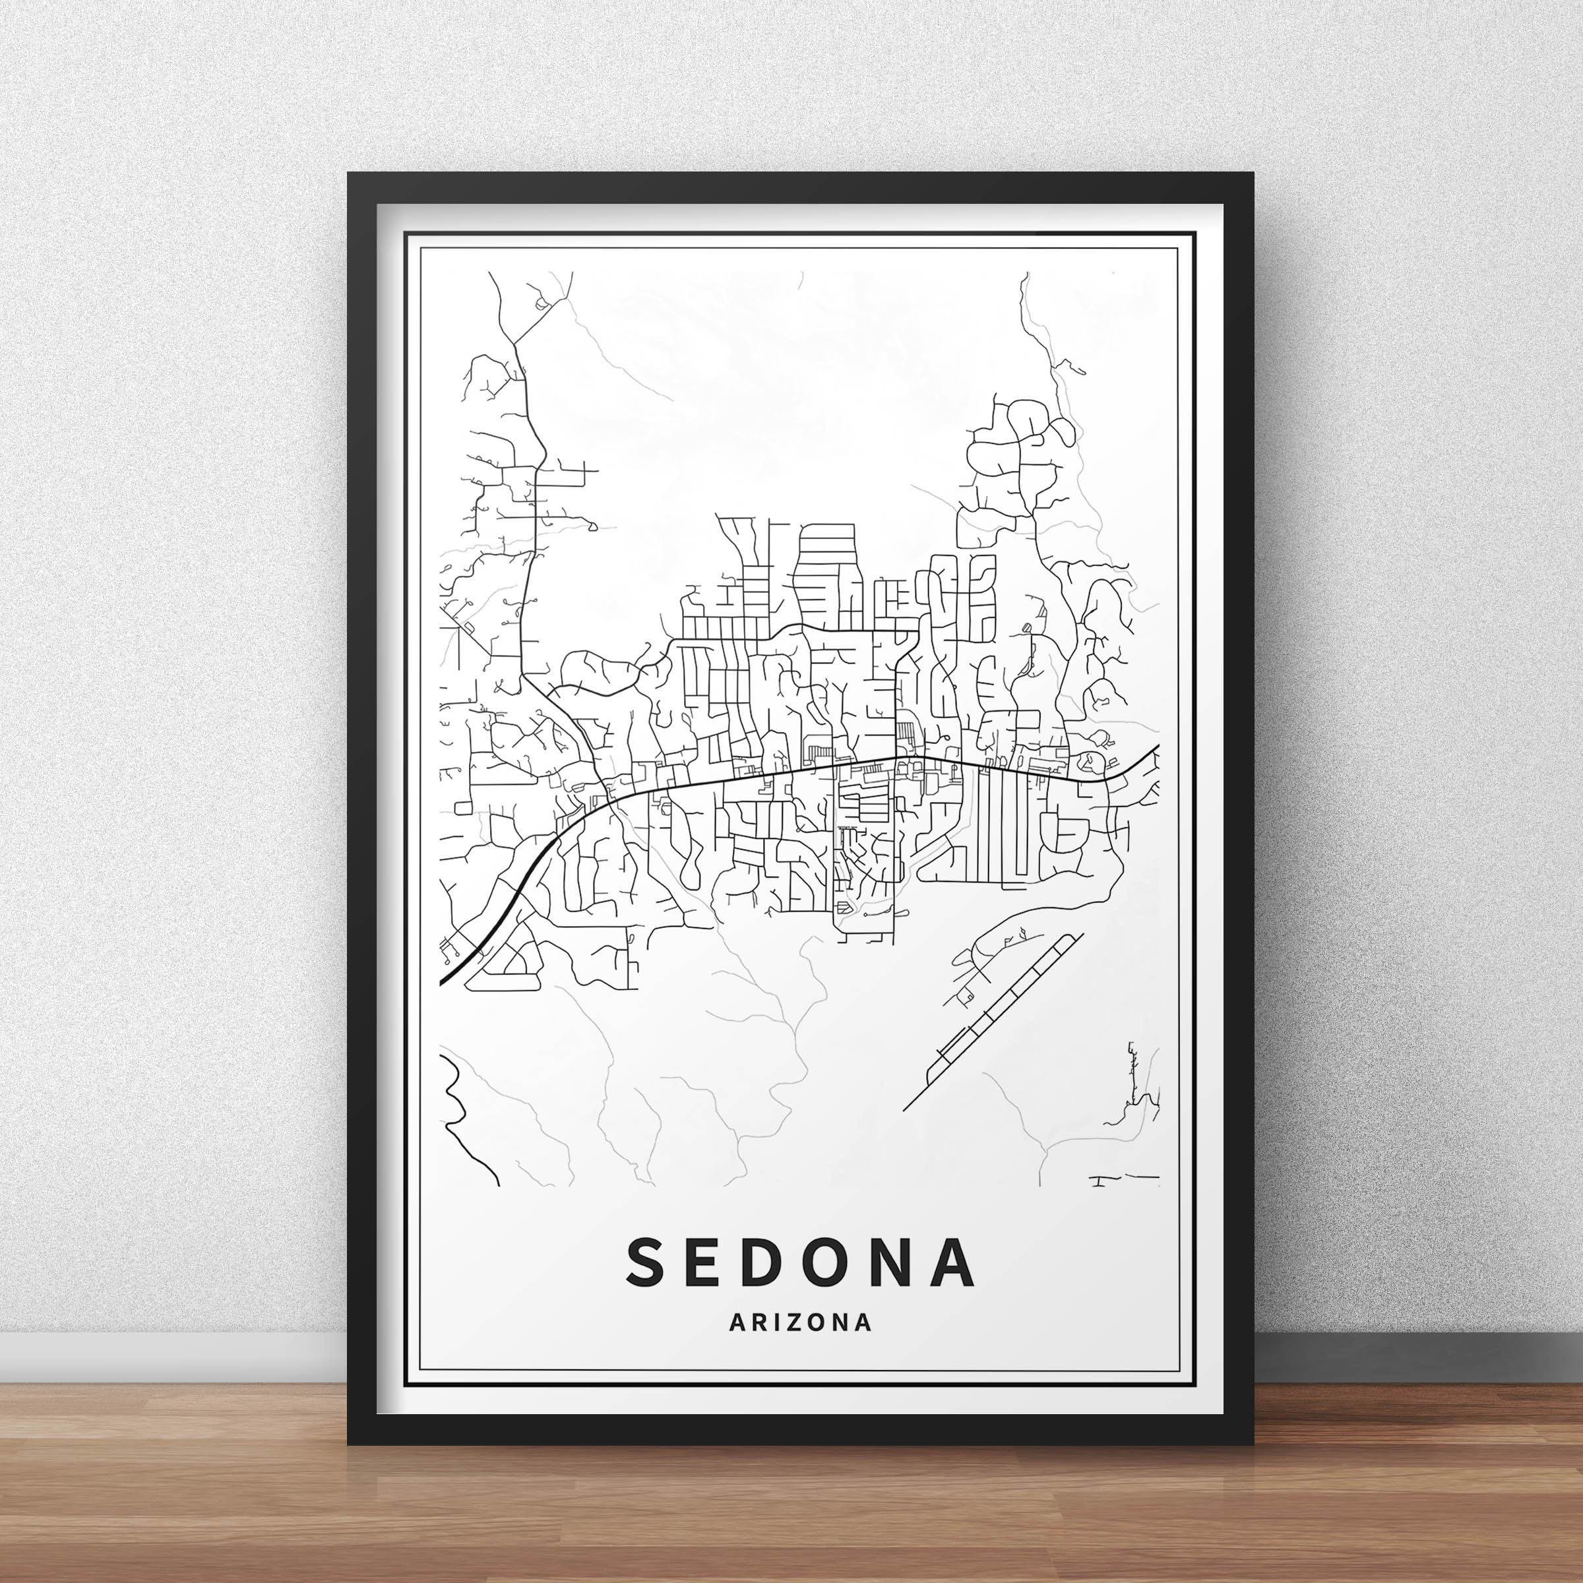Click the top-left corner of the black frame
(x=350, y=175)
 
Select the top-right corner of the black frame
(x=1251, y=175)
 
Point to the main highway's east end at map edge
(x=1156, y=748)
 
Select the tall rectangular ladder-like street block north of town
(x=828, y=574)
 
